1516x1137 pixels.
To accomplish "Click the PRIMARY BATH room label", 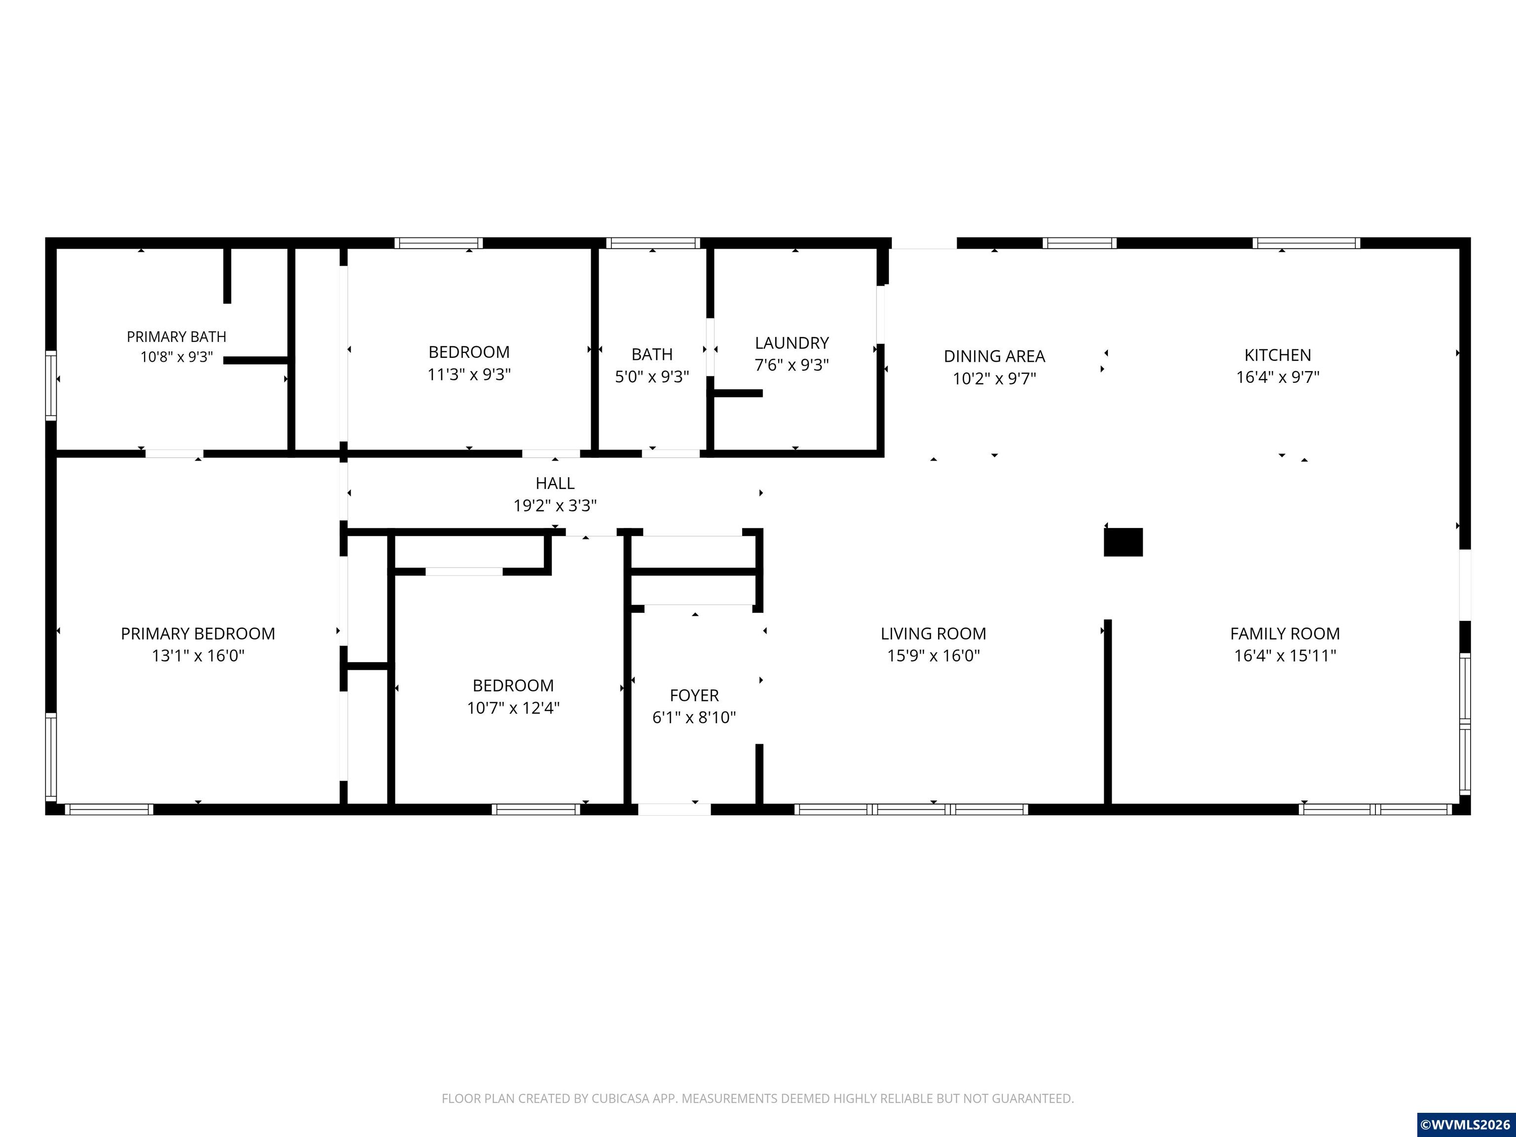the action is pos(176,337).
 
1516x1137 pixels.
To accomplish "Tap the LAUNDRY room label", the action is pos(792,342).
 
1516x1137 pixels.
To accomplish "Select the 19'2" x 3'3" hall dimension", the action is pos(555,506).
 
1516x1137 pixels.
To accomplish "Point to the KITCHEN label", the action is pos(1278,355).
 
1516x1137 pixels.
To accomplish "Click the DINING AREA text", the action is pos(994,356).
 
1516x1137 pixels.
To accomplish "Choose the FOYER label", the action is pos(694,696).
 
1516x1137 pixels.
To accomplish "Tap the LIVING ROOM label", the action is pos(934,634).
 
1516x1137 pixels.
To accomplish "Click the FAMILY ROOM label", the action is pos(1285,634).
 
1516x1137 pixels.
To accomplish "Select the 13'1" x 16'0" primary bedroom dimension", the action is pos(198,656).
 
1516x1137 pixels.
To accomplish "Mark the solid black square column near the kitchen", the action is pos(1123,542).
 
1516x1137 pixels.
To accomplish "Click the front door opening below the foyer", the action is pos(675,809).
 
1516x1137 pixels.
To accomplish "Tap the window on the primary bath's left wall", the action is pos(51,385).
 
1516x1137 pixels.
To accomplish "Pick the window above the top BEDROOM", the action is pos(439,243).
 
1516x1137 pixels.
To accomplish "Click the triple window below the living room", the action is pos(911,809).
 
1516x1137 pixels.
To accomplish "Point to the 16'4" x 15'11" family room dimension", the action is pos(1285,656).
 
